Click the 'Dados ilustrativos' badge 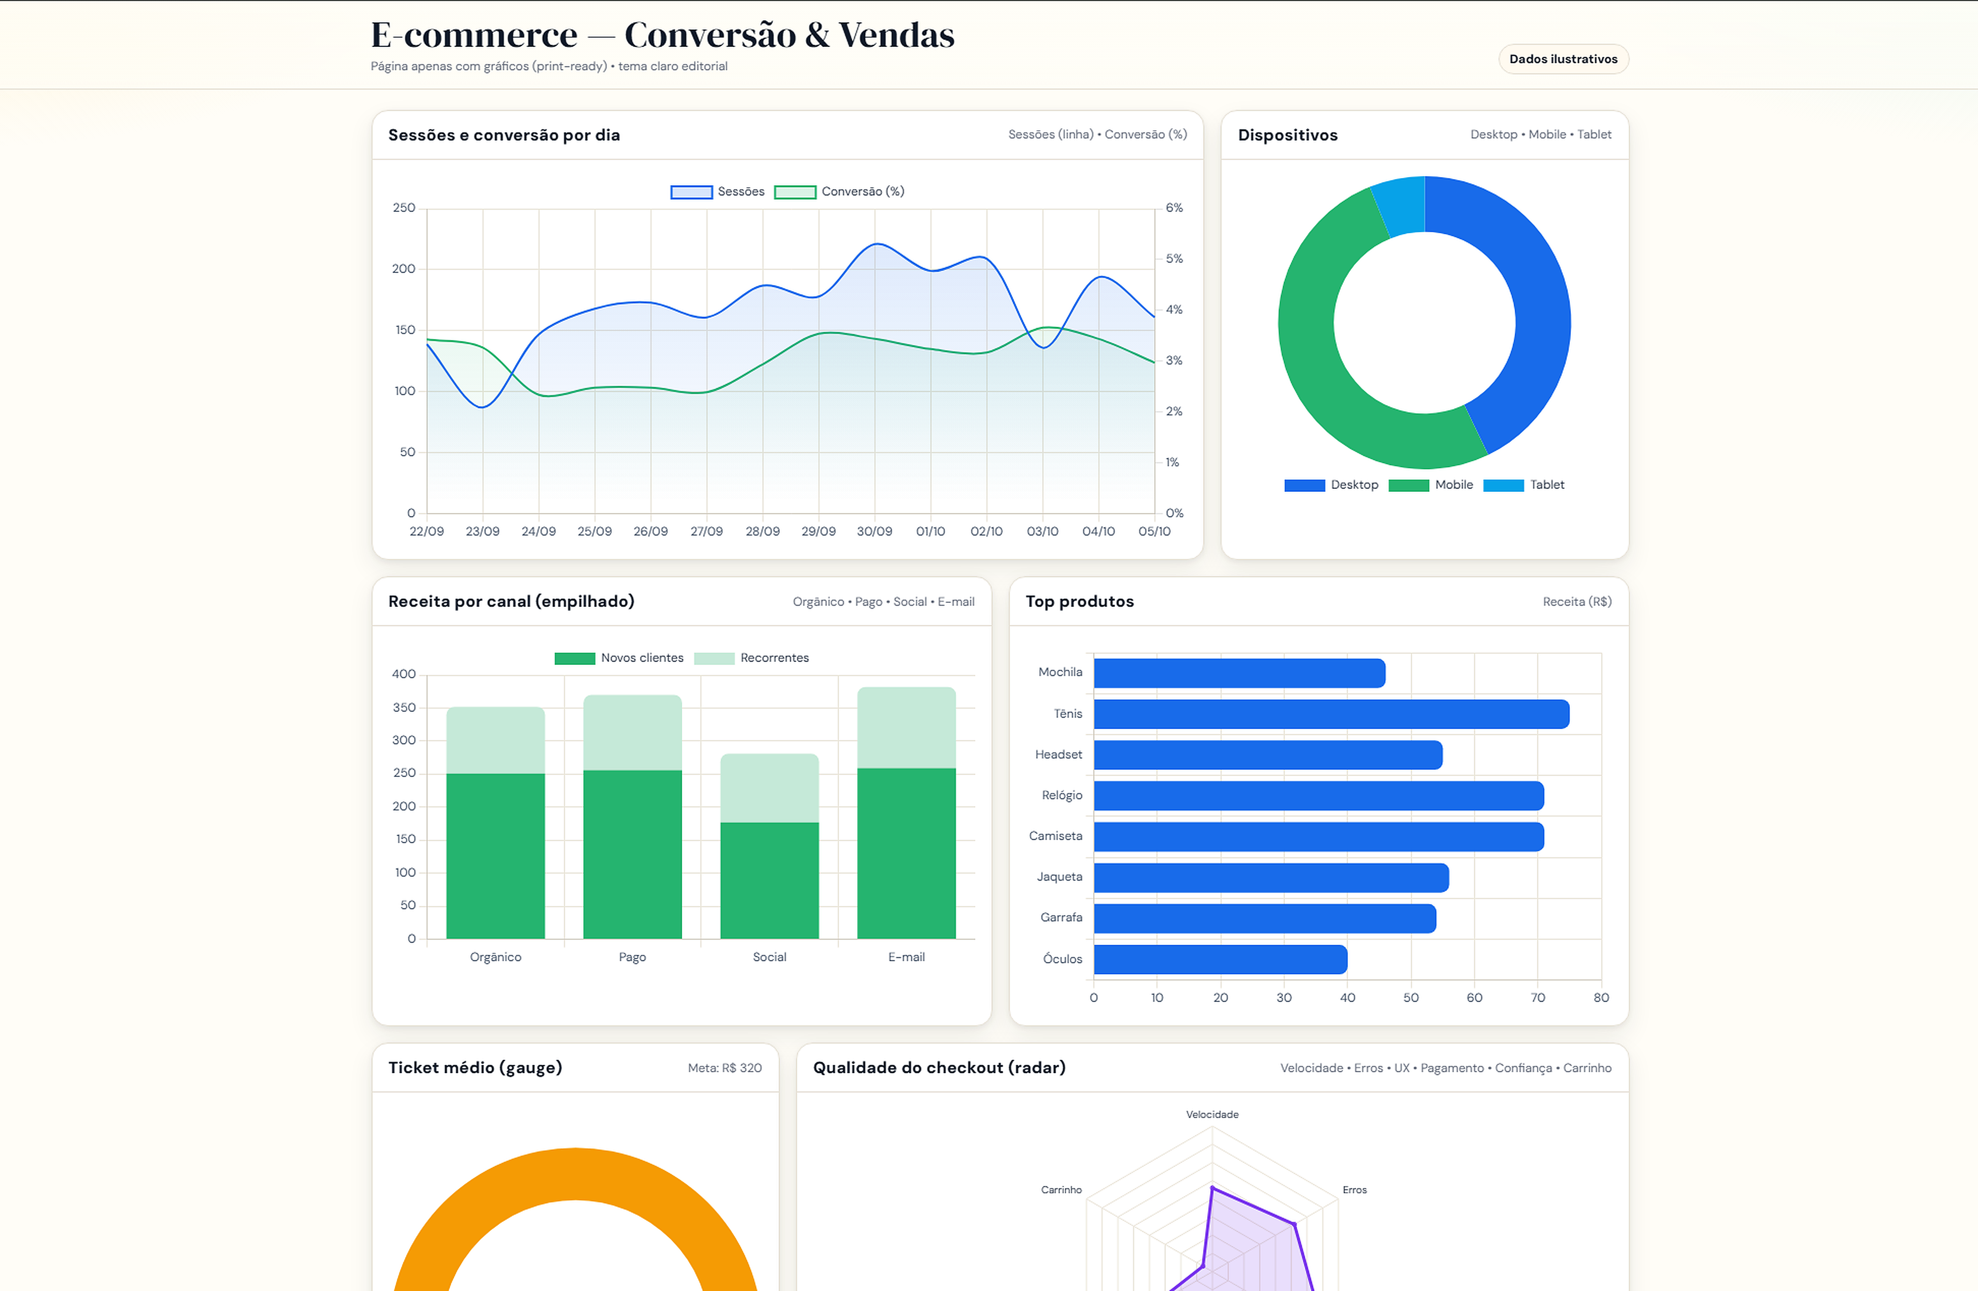[x=1563, y=59]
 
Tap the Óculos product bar [x=1219, y=959]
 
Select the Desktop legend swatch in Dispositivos [x=1304, y=486]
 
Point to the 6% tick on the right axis [x=1173, y=208]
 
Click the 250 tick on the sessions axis [x=404, y=208]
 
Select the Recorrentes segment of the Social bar [x=769, y=788]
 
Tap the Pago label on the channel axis [x=632, y=958]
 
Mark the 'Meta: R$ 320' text [x=724, y=1068]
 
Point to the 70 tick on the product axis [x=1538, y=998]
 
